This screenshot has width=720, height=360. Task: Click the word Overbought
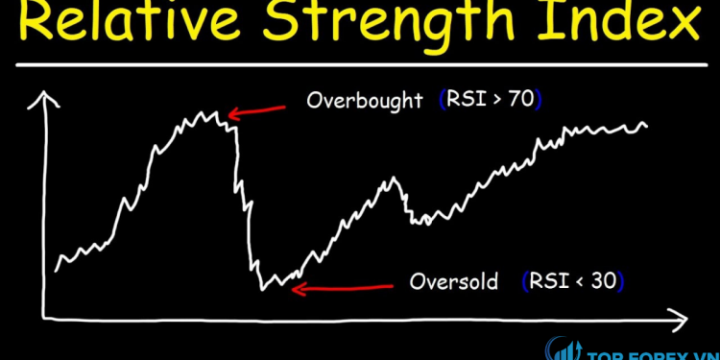click(x=365, y=100)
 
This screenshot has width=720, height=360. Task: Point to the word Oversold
click(x=454, y=282)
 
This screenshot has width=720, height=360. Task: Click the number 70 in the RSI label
click(x=519, y=100)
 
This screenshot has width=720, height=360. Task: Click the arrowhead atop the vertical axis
click(x=41, y=96)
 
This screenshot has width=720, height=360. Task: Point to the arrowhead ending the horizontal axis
click(x=680, y=316)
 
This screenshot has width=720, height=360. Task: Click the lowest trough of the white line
click(x=265, y=287)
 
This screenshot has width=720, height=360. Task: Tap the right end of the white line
click(x=647, y=125)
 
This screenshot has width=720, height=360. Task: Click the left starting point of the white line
click(x=58, y=270)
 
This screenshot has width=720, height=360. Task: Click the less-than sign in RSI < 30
click(x=575, y=282)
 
